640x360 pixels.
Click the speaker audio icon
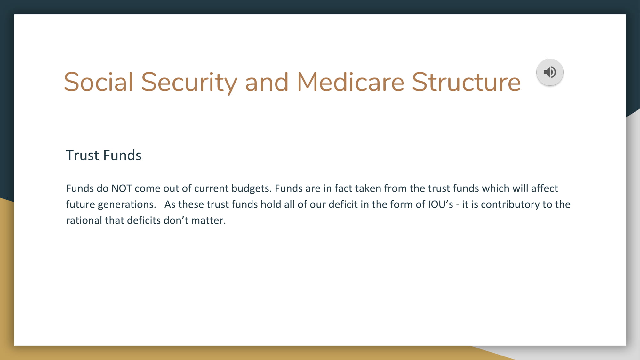[x=550, y=72]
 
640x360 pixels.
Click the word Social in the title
[x=98, y=82]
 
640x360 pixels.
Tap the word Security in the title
[x=189, y=83]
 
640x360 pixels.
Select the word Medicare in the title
[x=350, y=82]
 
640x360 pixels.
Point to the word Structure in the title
[x=466, y=82]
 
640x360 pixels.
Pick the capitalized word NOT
[x=122, y=188]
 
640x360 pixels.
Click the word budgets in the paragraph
[x=252, y=188]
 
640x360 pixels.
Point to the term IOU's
[x=440, y=204]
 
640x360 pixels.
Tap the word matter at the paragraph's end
[x=208, y=220]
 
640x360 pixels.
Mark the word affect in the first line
[x=544, y=188]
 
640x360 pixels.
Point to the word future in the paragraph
[x=80, y=204]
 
